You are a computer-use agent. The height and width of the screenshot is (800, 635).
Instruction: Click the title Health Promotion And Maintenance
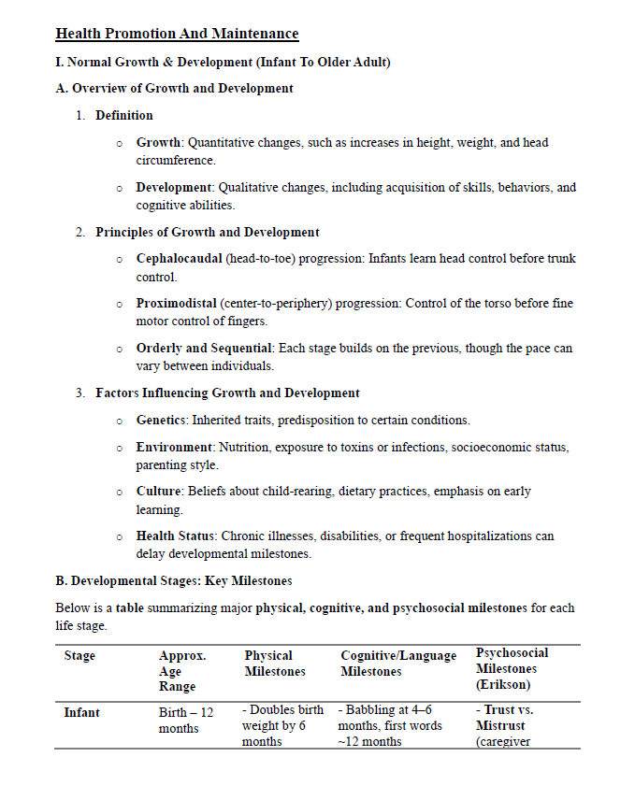point(177,35)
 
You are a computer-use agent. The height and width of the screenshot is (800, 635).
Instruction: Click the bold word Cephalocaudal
point(179,259)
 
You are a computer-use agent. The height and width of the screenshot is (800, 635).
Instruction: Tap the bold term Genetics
point(161,421)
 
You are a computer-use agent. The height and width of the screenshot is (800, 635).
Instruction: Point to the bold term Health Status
point(175,536)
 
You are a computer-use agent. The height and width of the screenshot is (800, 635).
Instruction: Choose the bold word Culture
point(159,492)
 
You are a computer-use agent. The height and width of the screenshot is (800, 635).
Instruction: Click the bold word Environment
point(175,448)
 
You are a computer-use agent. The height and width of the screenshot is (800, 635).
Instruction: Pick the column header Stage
point(79,656)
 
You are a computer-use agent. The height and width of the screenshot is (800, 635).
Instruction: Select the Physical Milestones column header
point(275,664)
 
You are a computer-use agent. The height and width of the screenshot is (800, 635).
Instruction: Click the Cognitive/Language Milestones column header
point(398,664)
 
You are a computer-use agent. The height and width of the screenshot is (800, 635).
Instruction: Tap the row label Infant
point(81,712)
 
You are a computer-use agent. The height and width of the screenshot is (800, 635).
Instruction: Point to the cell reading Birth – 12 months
point(185,721)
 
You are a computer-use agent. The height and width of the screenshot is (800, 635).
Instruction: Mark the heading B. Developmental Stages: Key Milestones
point(180,580)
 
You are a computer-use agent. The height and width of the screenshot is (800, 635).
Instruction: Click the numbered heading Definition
point(124,116)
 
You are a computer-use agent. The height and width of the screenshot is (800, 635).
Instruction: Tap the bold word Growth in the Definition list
point(159,143)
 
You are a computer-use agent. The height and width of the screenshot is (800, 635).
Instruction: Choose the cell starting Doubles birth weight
point(281,726)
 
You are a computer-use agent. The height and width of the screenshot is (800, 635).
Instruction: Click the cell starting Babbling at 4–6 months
point(389,726)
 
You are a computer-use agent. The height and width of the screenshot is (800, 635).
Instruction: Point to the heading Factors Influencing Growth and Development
point(227,393)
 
